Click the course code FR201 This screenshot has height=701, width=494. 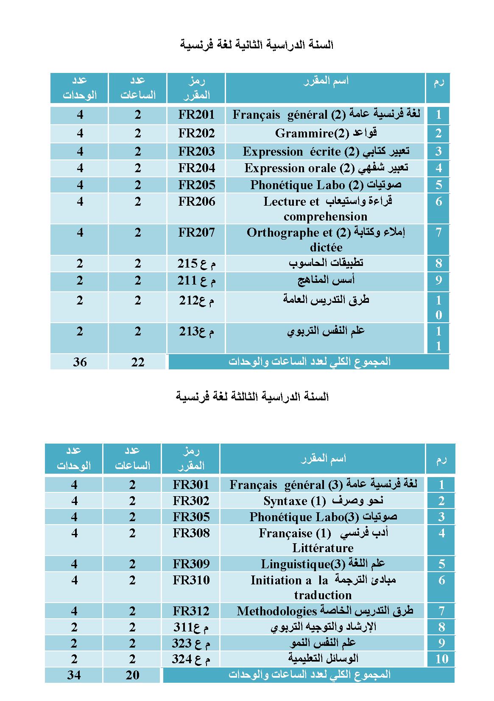click(x=196, y=115)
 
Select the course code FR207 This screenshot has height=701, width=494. click(x=196, y=232)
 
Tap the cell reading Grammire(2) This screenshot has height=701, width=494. click(x=325, y=133)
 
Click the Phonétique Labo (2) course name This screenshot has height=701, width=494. click(x=325, y=185)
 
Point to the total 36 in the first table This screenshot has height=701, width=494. click(x=80, y=362)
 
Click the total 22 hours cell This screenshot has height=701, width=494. click(x=138, y=362)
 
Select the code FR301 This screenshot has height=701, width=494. click(x=191, y=484)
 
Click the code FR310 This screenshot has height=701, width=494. click(x=191, y=580)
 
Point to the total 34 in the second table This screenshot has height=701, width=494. click(x=74, y=675)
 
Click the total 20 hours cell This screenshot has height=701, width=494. click(x=132, y=675)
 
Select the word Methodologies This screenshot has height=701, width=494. click(x=277, y=611)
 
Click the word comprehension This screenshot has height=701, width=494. click(x=325, y=217)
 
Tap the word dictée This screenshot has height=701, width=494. click(x=326, y=247)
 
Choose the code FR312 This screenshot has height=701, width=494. click(x=191, y=611)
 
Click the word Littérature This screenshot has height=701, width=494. click(x=323, y=548)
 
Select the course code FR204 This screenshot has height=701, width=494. click(x=196, y=168)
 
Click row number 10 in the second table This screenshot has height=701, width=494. click(x=441, y=659)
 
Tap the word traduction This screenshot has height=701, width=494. click(x=323, y=595)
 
